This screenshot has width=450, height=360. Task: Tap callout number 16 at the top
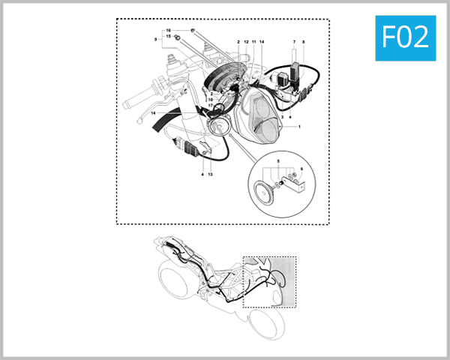(x=169, y=30)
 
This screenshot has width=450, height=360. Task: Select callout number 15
(x=169, y=37)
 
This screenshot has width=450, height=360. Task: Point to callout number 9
(x=156, y=38)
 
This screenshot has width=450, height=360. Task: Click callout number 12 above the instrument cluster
(x=246, y=42)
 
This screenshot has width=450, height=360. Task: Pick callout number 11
(x=254, y=42)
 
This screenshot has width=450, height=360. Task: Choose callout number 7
(x=294, y=42)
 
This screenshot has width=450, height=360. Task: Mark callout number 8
(x=304, y=42)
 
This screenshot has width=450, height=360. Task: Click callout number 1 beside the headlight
(x=298, y=127)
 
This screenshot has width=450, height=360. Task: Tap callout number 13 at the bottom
(x=210, y=174)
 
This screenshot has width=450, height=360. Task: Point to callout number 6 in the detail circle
(x=301, y=169)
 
